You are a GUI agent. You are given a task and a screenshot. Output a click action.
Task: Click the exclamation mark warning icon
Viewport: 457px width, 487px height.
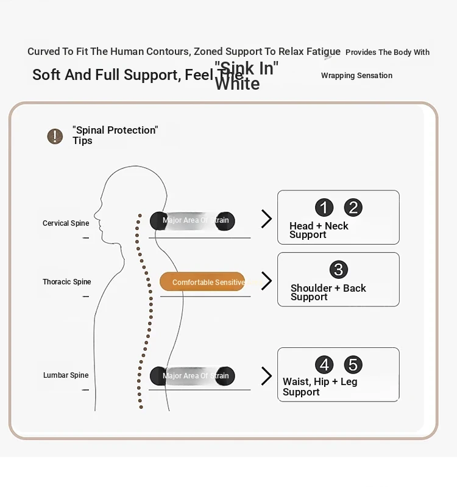click(55, 136)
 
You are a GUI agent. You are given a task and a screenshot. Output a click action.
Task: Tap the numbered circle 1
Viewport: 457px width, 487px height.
click(324, 207)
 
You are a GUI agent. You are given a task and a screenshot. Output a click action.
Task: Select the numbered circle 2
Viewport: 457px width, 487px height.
click(353, 207)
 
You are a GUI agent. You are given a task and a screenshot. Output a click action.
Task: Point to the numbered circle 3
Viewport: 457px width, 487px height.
click(339, 270)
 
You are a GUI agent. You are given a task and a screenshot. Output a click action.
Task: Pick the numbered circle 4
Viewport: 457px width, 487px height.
click(324, 365)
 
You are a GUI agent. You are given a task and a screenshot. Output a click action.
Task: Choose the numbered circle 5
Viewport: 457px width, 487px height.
click(353, 365)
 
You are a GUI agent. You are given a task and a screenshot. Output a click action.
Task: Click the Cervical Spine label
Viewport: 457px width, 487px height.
click(66, 223)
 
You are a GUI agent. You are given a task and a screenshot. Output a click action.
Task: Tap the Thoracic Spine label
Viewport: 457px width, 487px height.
click(66, 282)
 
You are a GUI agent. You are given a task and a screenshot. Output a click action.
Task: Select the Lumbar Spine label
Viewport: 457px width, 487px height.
click(66, 375)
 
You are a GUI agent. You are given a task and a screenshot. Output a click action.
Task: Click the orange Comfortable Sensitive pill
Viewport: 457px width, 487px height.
click(202, 282)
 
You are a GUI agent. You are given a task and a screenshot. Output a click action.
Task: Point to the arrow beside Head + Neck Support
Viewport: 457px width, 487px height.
click(266, 219)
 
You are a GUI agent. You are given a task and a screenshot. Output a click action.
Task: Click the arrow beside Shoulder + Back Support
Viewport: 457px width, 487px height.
click(266, 281)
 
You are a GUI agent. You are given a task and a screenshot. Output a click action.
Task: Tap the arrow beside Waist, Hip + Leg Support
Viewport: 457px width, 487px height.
click(266, 376)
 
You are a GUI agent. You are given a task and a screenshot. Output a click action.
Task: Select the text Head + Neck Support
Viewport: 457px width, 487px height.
click(319, 230)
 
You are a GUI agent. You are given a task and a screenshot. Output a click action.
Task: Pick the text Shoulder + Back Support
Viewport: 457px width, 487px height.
click(328, 292)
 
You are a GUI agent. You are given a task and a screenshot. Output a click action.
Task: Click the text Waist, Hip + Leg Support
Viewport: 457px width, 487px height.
click(319, 387)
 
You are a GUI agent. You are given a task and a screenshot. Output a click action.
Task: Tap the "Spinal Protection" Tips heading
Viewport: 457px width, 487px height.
click(115, 135)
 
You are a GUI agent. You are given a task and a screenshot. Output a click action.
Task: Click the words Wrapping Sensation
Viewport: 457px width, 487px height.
click(356, 76)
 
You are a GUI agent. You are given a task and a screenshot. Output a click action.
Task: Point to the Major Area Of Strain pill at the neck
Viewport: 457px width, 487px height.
click(193, 220)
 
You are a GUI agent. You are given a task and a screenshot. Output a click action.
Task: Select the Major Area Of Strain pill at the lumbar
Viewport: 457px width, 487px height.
click(193, 376)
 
